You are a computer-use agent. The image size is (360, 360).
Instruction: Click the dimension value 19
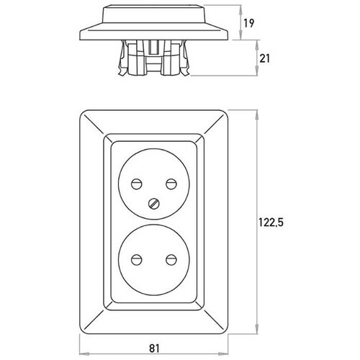coord(248,23)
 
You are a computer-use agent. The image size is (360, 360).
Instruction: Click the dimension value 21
coord(265,58)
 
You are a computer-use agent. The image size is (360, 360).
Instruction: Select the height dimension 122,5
coord(271,222)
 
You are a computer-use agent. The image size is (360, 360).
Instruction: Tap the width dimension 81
coord(154,348)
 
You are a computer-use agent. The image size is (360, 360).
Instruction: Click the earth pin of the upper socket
coord(154,204)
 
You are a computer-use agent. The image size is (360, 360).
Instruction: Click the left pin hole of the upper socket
coord(137,184)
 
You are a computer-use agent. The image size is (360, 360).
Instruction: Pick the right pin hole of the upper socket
coord(171,184)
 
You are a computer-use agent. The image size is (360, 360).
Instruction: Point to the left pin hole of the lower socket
coord(137,260)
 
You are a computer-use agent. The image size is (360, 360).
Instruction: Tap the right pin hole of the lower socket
coord(171,260)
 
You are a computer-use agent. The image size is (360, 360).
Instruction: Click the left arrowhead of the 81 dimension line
coord(84,354)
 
